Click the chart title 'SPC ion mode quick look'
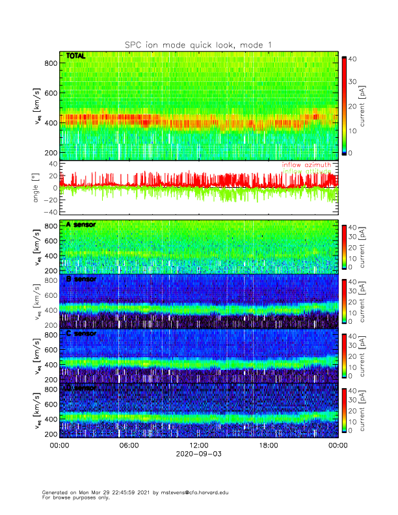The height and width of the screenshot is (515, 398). [199, 44]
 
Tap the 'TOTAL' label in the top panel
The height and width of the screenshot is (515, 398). [76, 57]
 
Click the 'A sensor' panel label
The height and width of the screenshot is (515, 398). [81, 224]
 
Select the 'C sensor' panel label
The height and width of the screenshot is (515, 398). [81, 334]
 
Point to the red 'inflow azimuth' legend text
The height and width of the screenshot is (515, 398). [306, 165]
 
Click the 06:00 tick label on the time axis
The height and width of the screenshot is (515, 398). [129, 445]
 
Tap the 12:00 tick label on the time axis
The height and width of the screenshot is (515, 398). [199, 445]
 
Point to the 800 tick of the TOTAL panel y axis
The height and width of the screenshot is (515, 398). [49, 62]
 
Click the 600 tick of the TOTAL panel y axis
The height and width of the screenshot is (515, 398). [49, 92]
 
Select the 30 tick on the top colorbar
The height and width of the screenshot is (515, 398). [354, 82]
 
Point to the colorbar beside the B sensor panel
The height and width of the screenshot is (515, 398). [344, 300]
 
